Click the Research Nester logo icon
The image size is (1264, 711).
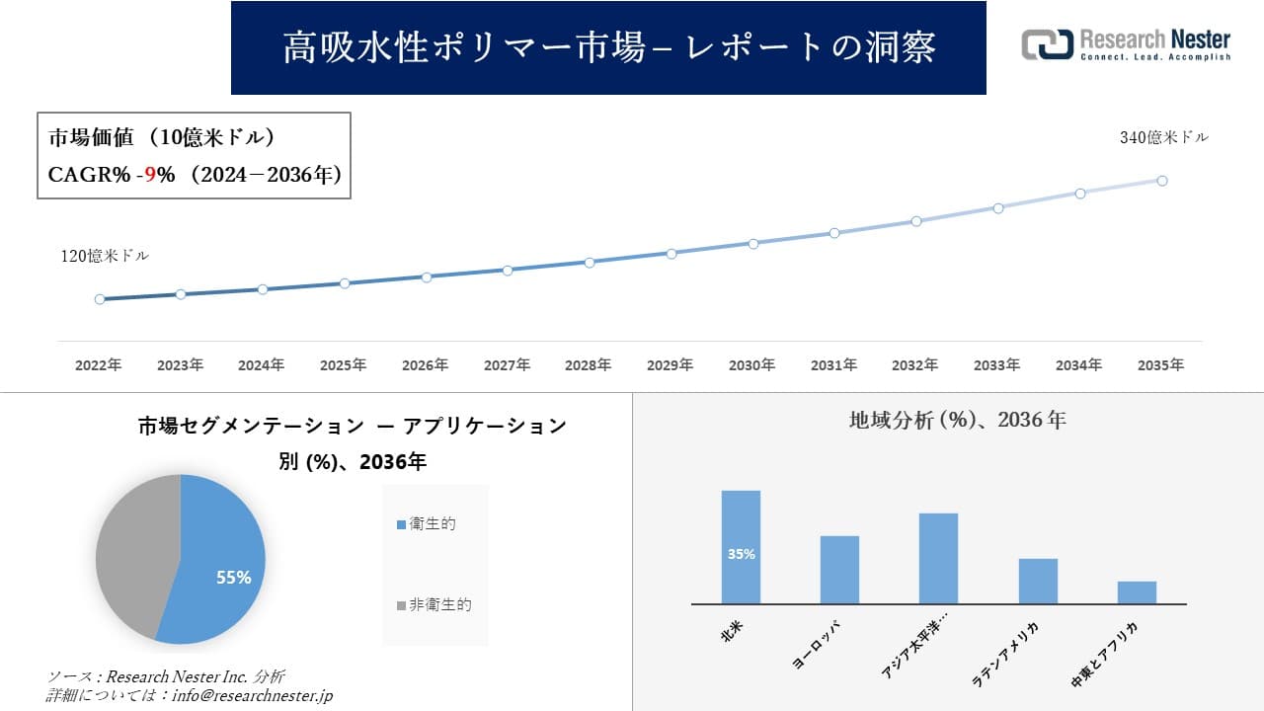coord(1047,44)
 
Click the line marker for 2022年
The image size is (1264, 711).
coord(100,299)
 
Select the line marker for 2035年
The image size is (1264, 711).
coord(1162,181)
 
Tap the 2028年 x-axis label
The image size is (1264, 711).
coord(588,365)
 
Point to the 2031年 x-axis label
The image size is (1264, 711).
coord(833,365)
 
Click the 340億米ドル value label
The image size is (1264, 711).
coord(1163,138)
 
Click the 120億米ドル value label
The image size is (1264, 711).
coord(105,256)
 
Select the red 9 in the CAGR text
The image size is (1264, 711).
coord(150,175)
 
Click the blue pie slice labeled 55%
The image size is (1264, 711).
coord(222,563)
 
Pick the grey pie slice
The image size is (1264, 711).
coord(133,553)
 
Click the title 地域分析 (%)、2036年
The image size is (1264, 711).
coord(957,420)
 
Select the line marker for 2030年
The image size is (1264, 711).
coord(752,243)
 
